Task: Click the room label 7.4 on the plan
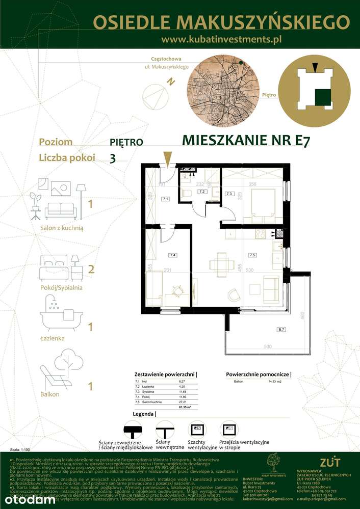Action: click(x=173, y=254)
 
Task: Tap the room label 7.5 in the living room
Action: click(x=252, y=254)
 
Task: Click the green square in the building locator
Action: click(x=323, y=96)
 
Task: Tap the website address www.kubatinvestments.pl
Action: click(x=221, y=39)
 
